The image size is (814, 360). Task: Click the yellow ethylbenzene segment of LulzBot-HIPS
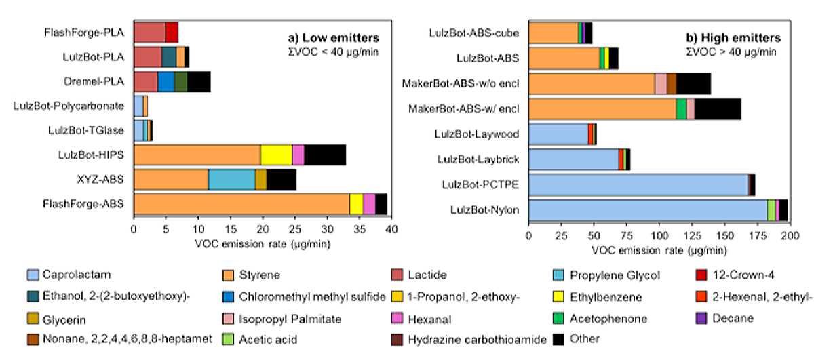point(276,155)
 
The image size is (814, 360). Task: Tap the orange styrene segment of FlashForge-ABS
point(241,203)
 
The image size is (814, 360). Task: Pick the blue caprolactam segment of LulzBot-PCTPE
point(638,184)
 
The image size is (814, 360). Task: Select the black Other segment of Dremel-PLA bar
point(199,81)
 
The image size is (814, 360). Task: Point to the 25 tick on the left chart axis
point(295,230)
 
